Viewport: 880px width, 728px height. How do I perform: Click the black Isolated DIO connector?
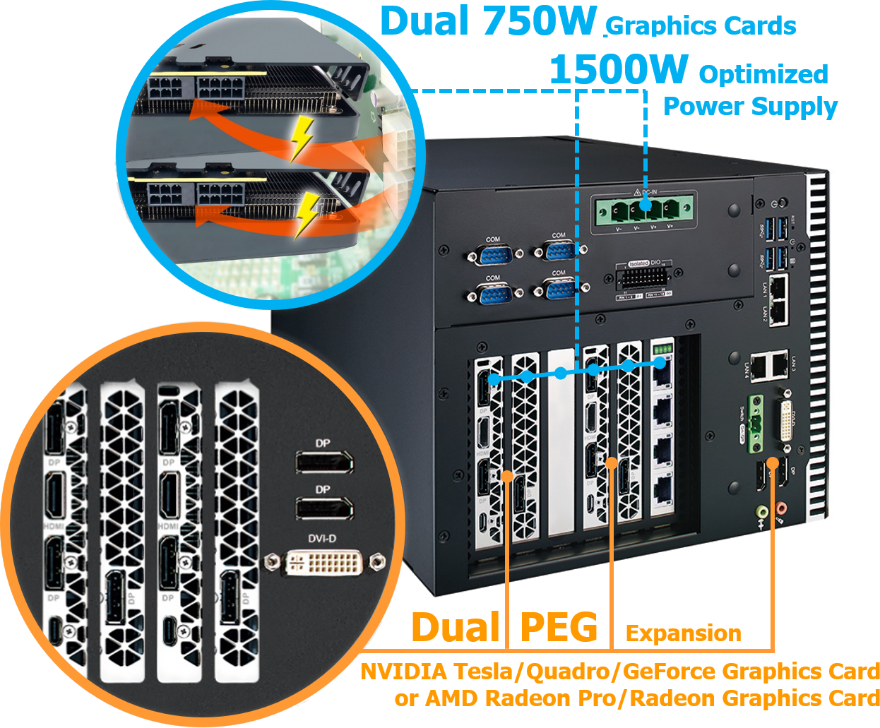642,278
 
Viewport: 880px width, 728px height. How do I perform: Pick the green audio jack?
761,510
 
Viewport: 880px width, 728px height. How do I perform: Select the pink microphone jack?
780,507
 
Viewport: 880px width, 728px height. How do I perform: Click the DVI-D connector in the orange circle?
324,563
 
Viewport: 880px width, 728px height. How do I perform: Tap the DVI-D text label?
322,539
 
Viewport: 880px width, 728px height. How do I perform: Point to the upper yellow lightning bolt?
302,136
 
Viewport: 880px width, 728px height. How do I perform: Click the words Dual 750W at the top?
487,21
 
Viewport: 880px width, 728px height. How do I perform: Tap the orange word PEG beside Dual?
558,628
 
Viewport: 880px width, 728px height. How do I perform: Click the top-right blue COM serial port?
559,249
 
